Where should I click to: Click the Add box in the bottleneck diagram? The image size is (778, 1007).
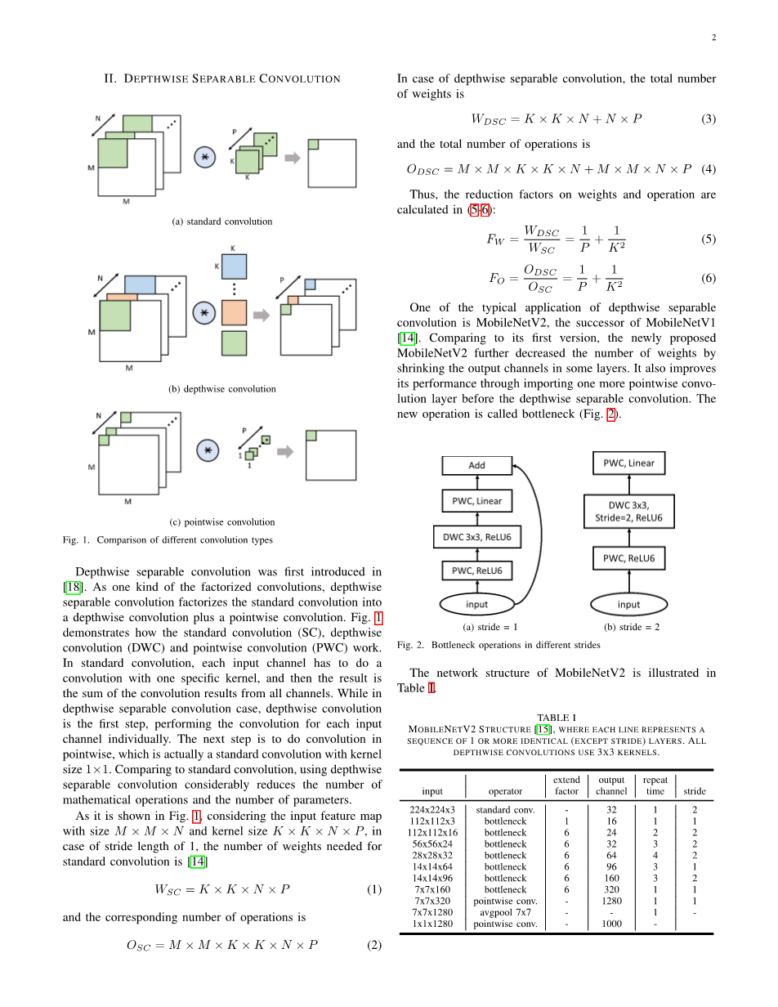point(476,466)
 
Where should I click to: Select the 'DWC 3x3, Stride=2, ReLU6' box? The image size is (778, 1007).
point(628,512)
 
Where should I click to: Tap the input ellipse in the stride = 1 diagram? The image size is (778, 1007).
point(476,604)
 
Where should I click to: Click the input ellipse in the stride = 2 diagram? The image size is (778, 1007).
point(628,604)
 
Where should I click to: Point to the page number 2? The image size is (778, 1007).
point(713,38)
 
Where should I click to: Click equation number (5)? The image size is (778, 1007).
point(708,239)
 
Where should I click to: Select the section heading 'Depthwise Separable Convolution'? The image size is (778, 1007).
point(222,78)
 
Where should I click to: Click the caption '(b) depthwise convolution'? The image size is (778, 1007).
point(222,389)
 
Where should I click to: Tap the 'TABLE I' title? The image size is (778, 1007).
point(556,718)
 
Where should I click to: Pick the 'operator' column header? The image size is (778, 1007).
point(505,791)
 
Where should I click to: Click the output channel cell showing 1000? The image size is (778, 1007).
point(611,924)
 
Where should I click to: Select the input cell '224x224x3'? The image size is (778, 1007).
point(432,810)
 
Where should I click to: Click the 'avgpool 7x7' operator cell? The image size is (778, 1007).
point(505,913)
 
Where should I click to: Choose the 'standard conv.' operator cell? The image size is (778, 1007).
point(505,810)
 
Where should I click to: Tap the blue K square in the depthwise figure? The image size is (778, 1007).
point(234,266)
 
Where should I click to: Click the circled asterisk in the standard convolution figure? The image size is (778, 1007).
point(204,156)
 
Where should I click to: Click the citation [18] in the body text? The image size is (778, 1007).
point(70,587)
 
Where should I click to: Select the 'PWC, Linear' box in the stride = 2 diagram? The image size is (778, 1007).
point(628,463)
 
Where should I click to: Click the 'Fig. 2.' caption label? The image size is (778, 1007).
point(411,645)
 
